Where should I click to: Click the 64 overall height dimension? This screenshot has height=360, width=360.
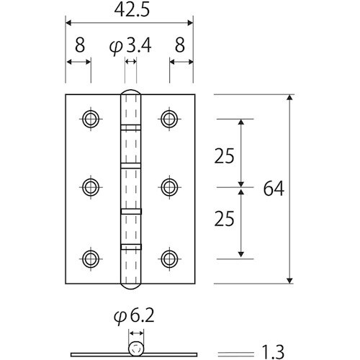pyautogui.click(x=274, y=189)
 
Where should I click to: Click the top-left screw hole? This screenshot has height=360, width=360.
pyautogui.click(x=91, y=118)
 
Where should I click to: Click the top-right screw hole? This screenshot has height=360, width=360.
pyautogui.click(x=170, y=118)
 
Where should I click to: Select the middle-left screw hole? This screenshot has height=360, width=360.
pyautogui.click(x=91, y=187)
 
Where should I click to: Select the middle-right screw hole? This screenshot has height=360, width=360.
pyautogui.click(x=170, y=187)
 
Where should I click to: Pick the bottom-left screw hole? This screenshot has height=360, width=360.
pyautogui.click(x=91, y=257)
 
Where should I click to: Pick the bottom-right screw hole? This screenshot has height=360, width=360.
pyautogui.click(x=170, y=257)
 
